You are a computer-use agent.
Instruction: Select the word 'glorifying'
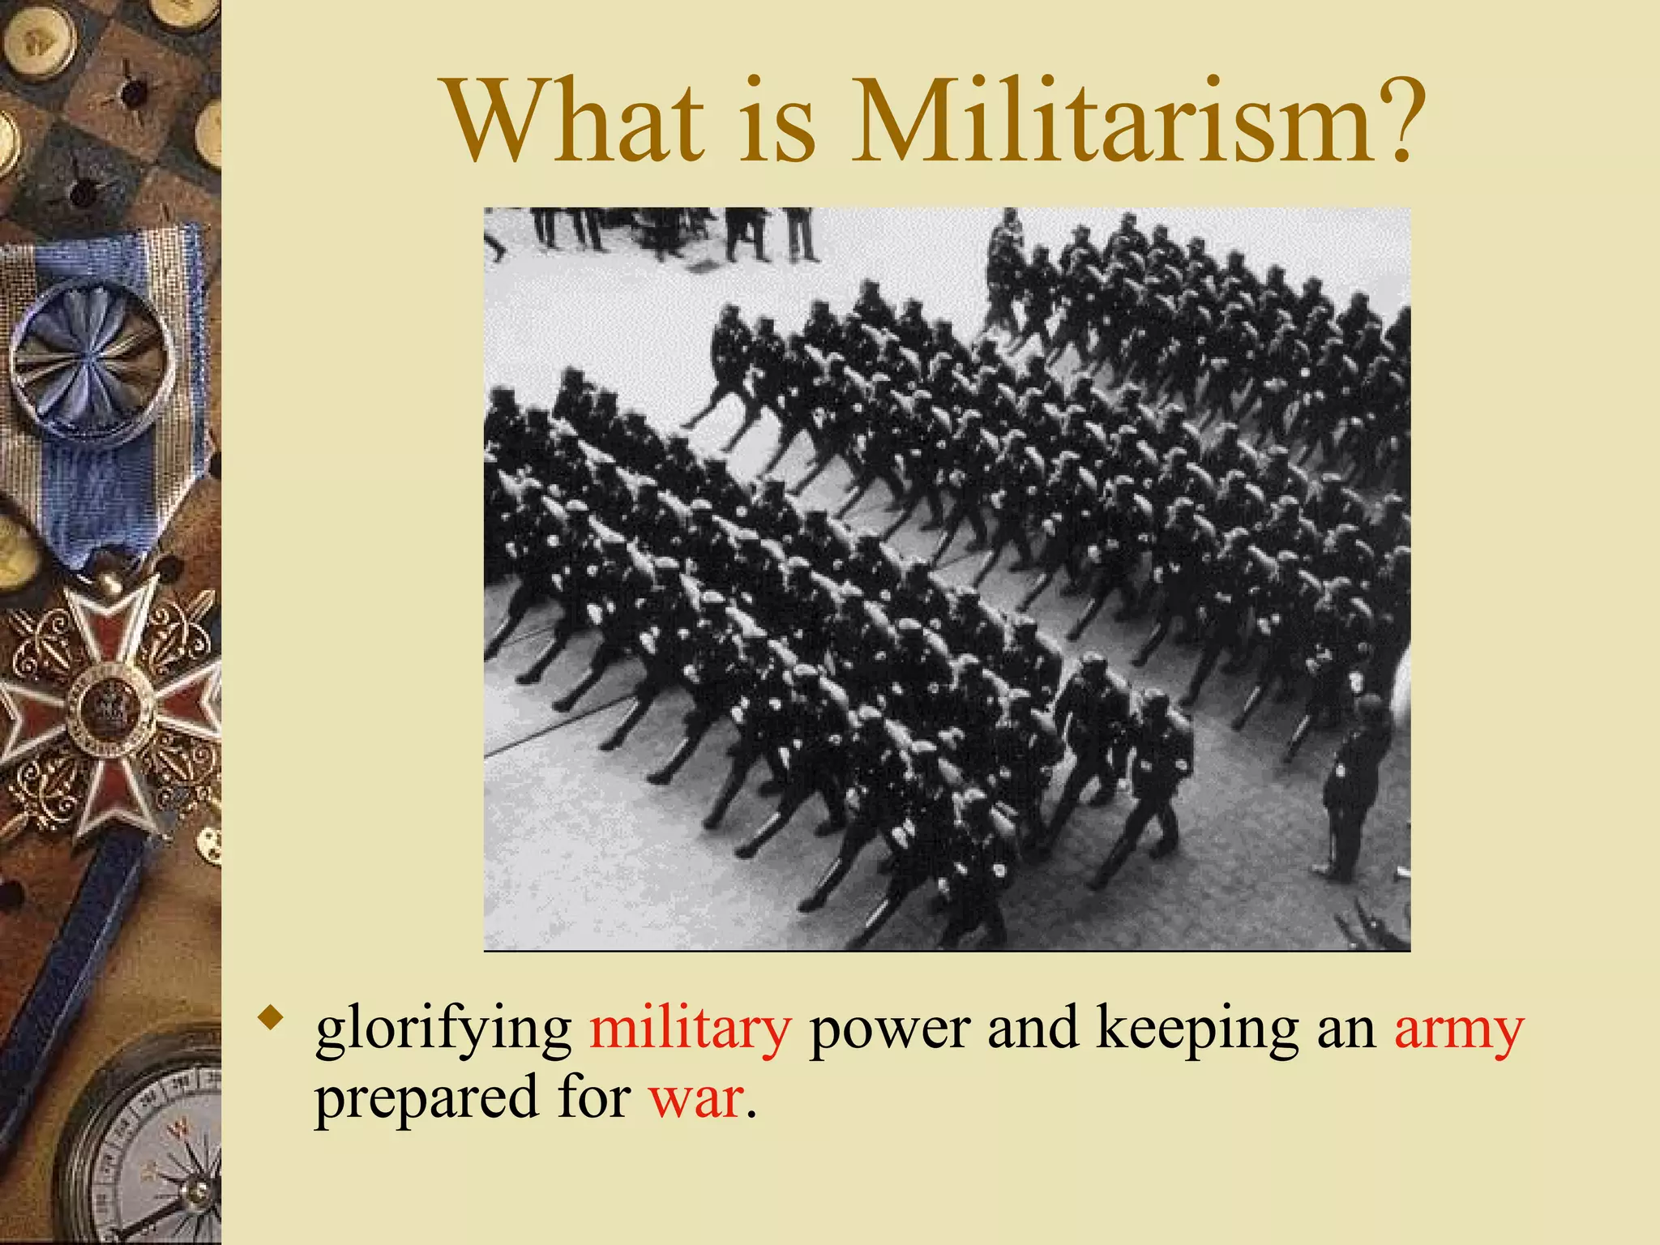pyautogui.click(x=443, y=1029)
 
